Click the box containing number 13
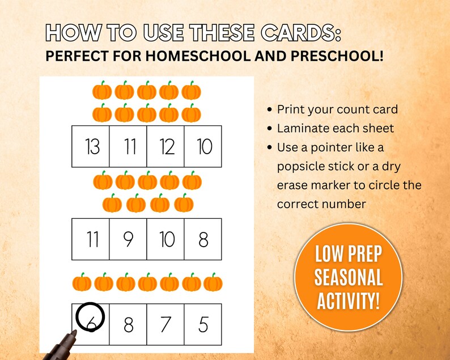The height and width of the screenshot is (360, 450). coord(91,147)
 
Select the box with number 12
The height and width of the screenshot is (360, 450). coord(166,147)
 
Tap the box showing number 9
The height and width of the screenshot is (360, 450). coord(129,239)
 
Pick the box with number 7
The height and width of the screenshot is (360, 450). coord(166,324)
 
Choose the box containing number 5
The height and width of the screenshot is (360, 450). coord(203,324)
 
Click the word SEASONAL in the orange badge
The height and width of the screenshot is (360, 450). coord(349,278)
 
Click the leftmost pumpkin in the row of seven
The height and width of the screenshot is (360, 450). coord(82,282)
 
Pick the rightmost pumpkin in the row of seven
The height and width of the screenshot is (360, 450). coord(213,282)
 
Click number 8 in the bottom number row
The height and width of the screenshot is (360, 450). coord(129,324)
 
